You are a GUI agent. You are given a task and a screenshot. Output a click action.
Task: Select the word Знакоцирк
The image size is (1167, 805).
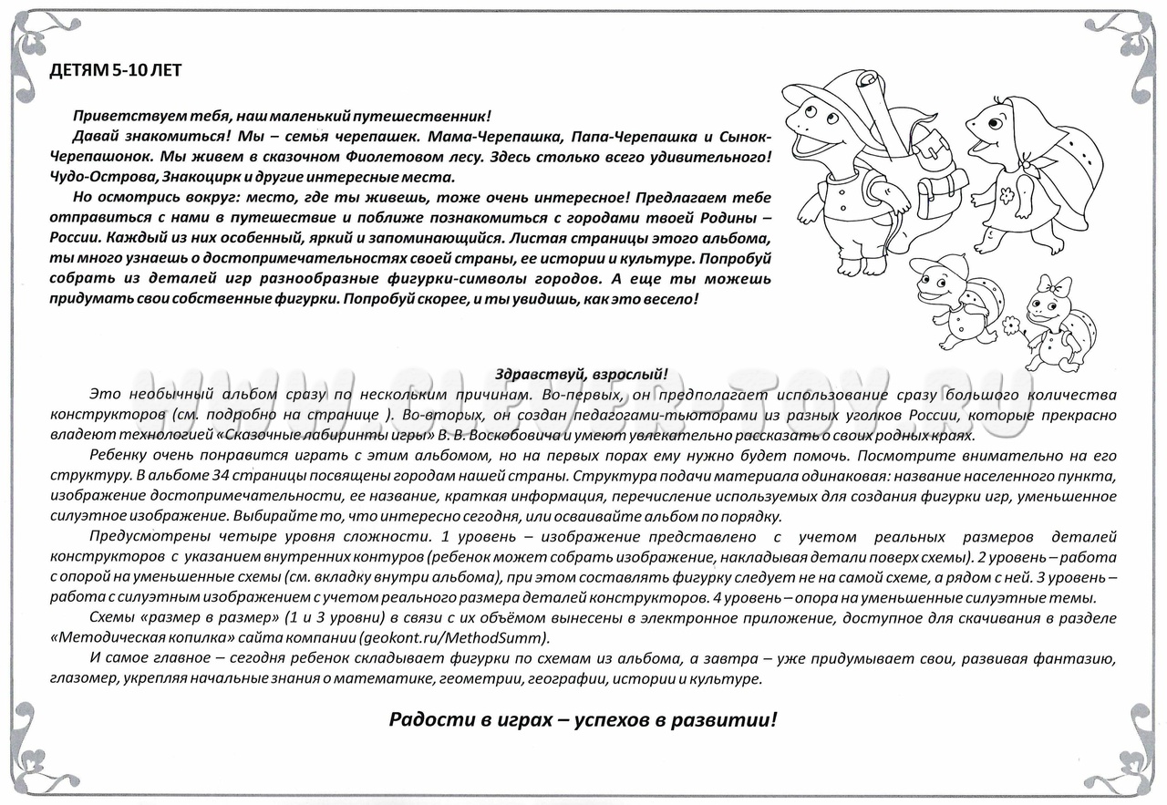[206, 177]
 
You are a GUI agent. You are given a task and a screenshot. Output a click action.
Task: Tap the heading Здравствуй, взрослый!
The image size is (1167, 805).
[582, 374]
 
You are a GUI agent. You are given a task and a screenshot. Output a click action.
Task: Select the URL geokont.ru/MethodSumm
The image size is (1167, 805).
[455, 637]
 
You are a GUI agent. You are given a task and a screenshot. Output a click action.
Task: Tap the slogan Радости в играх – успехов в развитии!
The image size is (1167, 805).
[583, 719]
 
